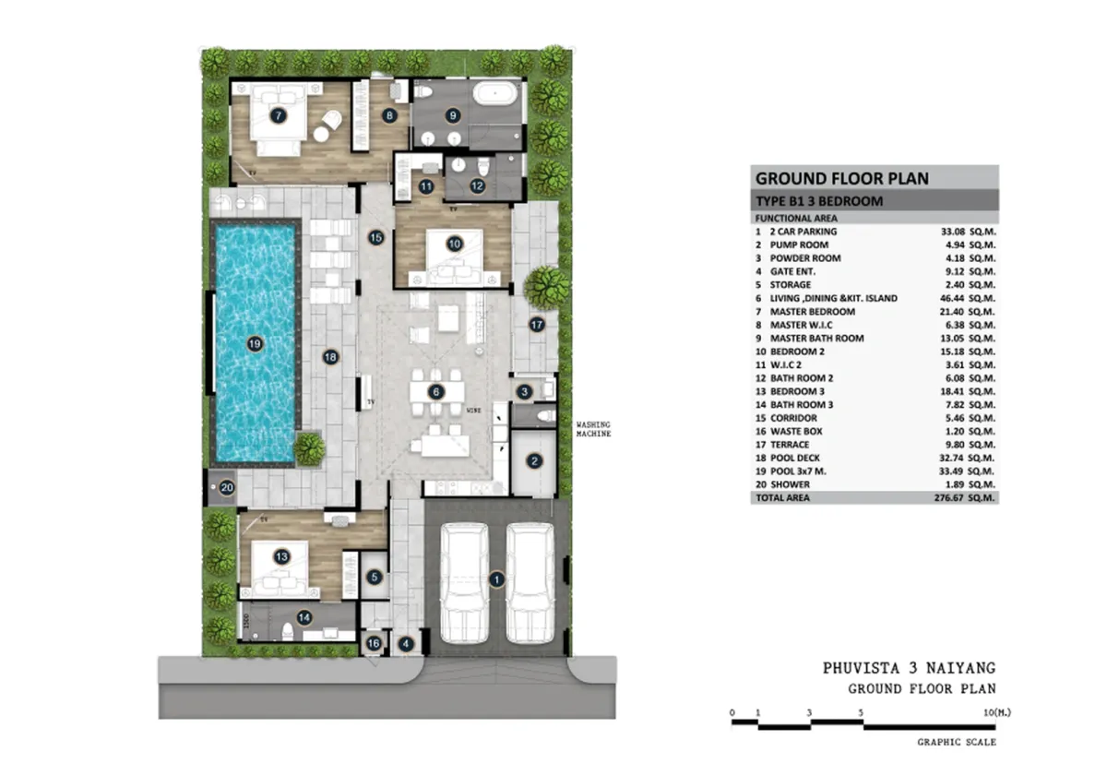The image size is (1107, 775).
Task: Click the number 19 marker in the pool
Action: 256,344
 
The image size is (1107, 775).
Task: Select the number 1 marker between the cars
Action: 496,579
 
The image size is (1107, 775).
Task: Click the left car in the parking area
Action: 464,583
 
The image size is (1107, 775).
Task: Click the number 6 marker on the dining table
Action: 437,391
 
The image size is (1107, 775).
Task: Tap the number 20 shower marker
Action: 227,489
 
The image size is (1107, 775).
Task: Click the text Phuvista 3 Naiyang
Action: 910,668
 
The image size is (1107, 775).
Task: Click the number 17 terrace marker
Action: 537,325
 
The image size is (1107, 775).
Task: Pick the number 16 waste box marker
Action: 374,643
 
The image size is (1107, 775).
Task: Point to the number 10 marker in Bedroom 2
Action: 454,244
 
